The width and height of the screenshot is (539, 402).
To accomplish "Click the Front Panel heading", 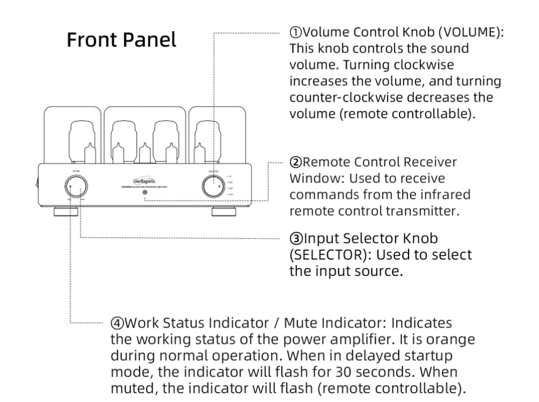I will [x=121, y=39].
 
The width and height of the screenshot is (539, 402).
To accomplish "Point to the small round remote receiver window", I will [x=144, y=192].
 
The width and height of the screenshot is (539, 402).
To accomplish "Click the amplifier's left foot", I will [x=65, y=210].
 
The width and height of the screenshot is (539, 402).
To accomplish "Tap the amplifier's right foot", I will [x=224, y=210].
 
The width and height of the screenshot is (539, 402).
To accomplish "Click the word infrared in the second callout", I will [x=447, y=194].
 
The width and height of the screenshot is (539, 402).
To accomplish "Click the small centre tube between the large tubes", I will [x=144, y=154].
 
